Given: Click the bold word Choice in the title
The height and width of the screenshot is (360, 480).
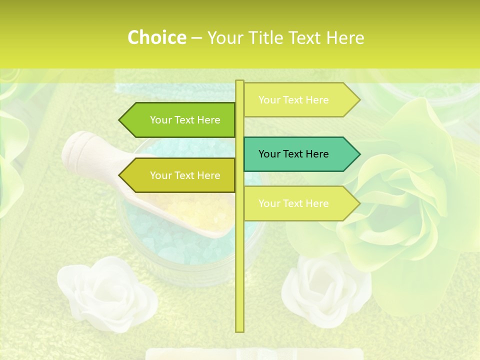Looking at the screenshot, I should (x=156, y=37).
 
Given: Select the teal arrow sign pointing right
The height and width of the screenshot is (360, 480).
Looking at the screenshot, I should (x=295, y=154).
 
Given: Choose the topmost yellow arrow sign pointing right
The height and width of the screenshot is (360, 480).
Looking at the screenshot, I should (x=295, y=100).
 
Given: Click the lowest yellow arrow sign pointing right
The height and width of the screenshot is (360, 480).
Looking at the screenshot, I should (x=295, y=203).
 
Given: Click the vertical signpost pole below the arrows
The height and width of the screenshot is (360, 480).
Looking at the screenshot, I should (x=239, y=275).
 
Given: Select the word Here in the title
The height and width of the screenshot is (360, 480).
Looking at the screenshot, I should (x=345, y=37).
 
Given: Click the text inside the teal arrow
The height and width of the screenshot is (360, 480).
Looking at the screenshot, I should (x=293, y=154).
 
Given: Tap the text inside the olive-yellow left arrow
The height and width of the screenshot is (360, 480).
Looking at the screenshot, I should (x=185, y=175).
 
